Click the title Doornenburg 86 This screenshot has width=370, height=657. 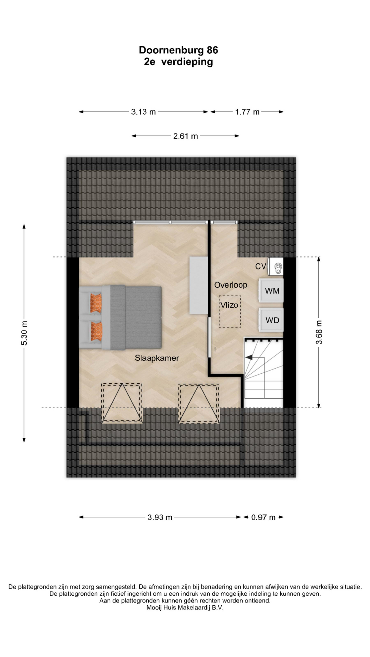[178, 50]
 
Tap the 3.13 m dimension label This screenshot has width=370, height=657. [143, 112]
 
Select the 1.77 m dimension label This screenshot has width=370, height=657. [247, 112]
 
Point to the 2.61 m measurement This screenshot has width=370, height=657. [185, 136]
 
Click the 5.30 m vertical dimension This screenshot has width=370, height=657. [24, 333]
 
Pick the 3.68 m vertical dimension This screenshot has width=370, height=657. [319, 332]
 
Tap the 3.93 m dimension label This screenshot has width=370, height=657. [160, 517]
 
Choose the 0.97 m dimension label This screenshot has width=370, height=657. [263, 517]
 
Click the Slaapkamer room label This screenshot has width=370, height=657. [157, 358]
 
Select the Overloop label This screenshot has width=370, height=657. [231, 285]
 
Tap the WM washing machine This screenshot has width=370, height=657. [271, 291]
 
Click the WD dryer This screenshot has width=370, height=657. [271, 320]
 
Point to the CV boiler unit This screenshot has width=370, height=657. [276, 267]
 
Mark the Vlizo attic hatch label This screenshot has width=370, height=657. [229, 305]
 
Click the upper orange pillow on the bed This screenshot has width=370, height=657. [97, 302]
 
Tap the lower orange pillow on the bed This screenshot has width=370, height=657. [97, 332]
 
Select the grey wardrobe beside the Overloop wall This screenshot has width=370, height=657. [199, 285]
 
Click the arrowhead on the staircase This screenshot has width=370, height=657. [249, 358]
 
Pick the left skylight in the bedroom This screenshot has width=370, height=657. [122, 403]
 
